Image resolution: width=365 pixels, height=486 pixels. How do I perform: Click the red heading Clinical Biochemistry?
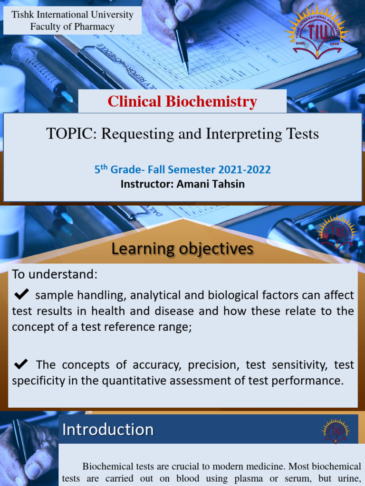pyautogui.click(x=182, y=102)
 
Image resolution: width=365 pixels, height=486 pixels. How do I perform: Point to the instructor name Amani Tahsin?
pyautogui.click(x=211, y=184)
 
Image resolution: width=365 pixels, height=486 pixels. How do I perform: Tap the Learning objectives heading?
pyautogui.click(x=182, y=249)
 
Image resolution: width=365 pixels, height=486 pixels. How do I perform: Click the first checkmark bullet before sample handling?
pyautogui.click(x=22, y=295)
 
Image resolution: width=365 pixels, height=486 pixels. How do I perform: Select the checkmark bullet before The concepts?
pyautogui.click(x=22, y=364)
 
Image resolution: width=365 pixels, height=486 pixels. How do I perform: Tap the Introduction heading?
pyautogui.click(x=108, y=430)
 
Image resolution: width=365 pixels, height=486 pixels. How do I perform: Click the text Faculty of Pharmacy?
pyautogui.click(x=72, y=27)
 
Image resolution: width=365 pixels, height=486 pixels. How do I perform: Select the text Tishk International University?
pyautogui.click(x=72, y=15)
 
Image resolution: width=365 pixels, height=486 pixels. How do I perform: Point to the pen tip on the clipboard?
pyautogui.click(x=187, y=72)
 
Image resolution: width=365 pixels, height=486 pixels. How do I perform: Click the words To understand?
pyautogui.click(x=55, y=274)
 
